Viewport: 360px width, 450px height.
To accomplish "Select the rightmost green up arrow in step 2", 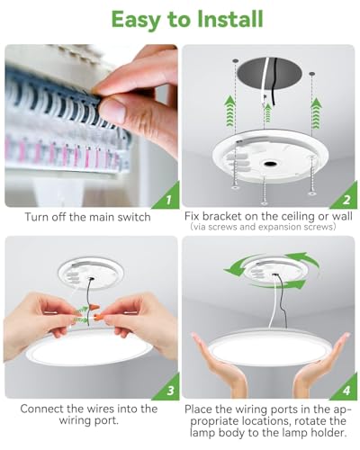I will tap(314, 112).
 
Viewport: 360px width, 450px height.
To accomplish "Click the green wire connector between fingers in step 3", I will tap(84, 315).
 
